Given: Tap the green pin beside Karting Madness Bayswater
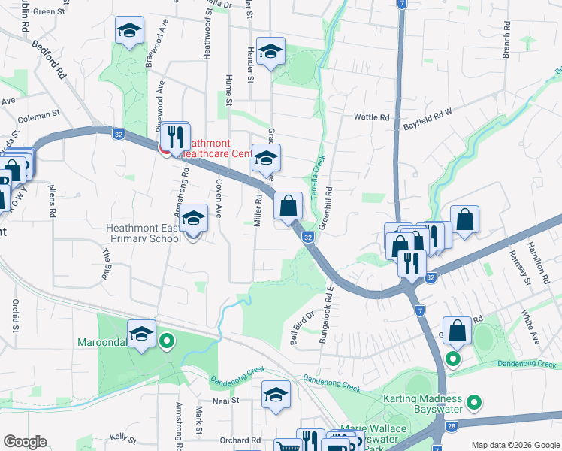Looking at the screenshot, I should tap(473, 404).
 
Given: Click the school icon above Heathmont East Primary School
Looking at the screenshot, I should tap(195, 219).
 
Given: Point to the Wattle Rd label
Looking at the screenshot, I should tap(372, 117).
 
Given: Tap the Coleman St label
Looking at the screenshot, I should tap(38, 115).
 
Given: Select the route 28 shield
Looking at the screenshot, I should tap(451, 426).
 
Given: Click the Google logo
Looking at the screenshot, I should tap(25, 442).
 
